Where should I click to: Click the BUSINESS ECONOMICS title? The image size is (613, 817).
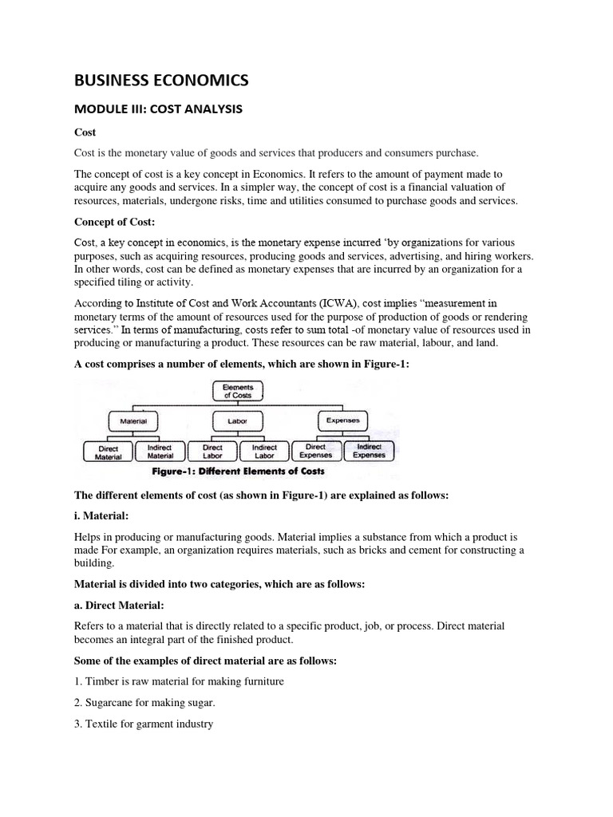coord(161,80)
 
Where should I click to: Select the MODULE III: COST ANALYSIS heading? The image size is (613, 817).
coord(158,108)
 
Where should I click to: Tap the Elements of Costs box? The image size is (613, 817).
coord(237,391)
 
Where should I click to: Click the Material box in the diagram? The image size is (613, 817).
coord(132,420)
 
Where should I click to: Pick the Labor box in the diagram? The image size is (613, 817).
coord(237,420)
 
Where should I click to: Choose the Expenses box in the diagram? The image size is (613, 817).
coord(343,420)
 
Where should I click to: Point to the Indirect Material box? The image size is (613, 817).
coord(160,452)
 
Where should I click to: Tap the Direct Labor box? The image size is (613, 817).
coord(212,452)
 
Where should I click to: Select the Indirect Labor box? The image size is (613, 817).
coord(264,452)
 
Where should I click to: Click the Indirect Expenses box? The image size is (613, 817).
coord(369,452)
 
